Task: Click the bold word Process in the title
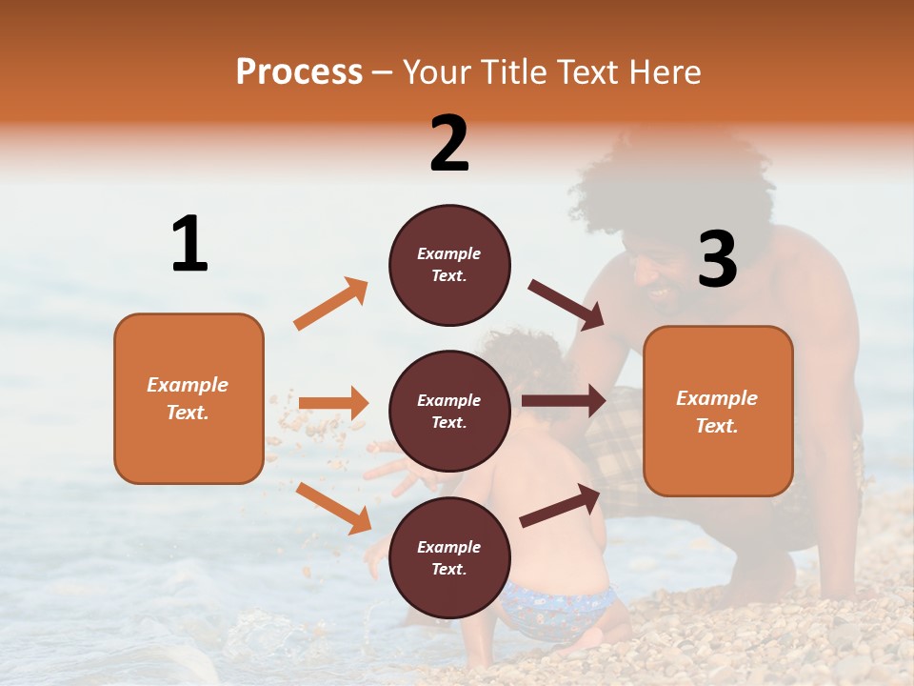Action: click(299, 71)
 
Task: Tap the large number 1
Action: click(189, 244)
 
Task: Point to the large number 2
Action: click(449, 143)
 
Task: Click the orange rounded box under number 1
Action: click(189, 398)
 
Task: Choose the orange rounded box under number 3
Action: click(718, 411)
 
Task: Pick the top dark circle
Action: click(449, 265)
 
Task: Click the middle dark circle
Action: click(449, 411)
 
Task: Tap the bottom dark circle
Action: click(449, 557)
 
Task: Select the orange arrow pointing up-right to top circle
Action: click(330, 304)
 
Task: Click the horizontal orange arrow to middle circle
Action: click(333, 403)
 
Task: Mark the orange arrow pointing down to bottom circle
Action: click(333, 508)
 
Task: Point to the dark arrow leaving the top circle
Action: click(566, 304)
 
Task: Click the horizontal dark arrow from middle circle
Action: click(563, 401)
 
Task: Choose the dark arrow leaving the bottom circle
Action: click(560, 505)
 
